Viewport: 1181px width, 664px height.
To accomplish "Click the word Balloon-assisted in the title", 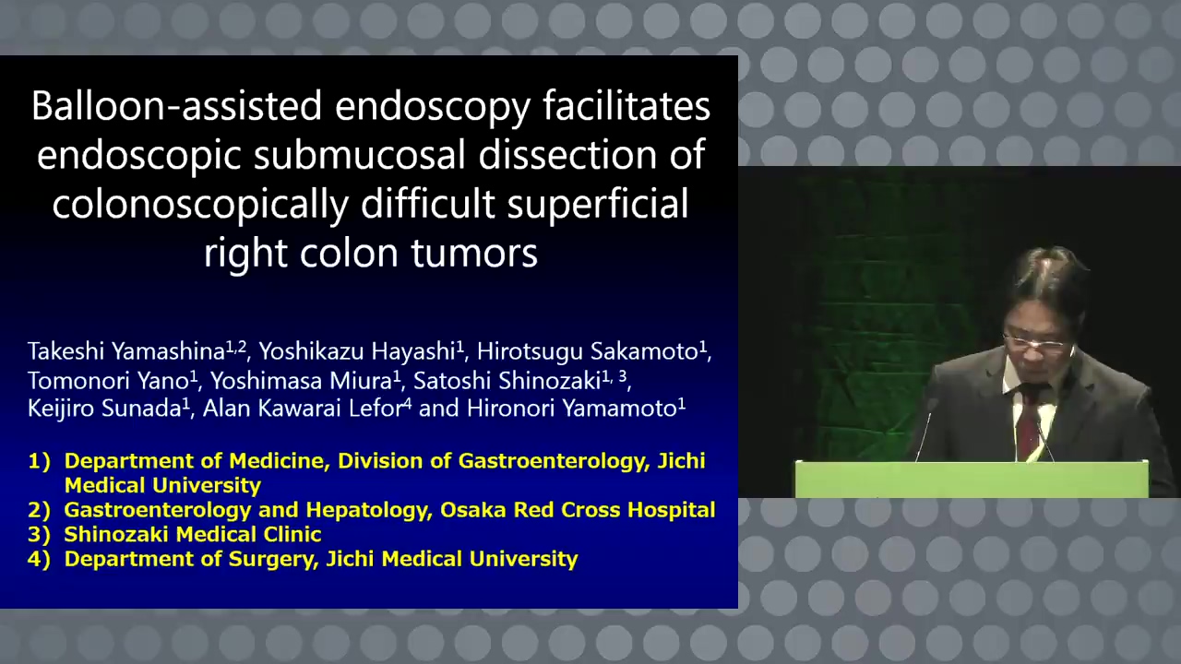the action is tap(176, 105).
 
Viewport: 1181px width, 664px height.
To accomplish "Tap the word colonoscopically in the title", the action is tap(200, 205).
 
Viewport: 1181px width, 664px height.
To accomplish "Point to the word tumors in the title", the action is tap(474, 253).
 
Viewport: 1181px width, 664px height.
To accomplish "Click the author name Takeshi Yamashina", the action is tap(126, 352).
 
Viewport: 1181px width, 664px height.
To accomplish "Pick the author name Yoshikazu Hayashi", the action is tap(357, 352).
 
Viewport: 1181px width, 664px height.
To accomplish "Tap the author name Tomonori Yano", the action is tap(108, 381).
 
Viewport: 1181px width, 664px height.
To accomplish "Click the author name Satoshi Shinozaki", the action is tap(507, 381).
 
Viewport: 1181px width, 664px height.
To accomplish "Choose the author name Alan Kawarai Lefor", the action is tap(304, 409).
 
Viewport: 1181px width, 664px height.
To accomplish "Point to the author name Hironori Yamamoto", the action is tap(572, 409).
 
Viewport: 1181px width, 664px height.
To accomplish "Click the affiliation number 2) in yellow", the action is tap(39, 510).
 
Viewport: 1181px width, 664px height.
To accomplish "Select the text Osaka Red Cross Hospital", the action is tap(578, 510).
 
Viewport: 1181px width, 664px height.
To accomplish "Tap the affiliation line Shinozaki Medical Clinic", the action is tap(193, 534).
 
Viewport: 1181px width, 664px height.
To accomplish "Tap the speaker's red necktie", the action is tap(1028, 421).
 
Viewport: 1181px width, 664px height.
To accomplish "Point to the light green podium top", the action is tap(972, 479).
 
